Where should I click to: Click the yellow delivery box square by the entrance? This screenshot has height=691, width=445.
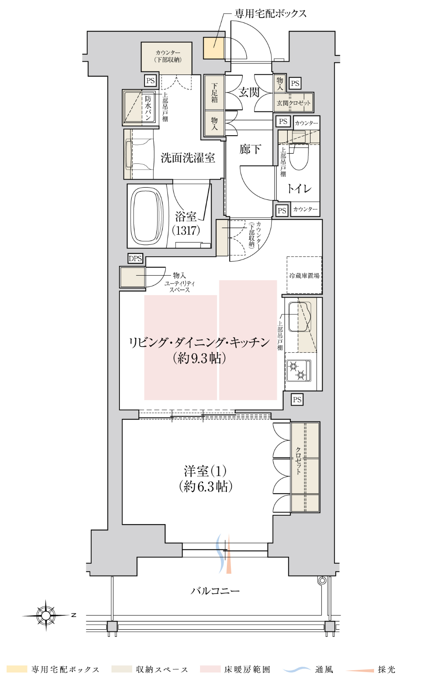213,48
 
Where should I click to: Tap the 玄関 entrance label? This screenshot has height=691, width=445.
249,92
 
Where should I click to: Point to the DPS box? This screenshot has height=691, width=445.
135,259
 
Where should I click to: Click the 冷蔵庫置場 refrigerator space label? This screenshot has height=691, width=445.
304,275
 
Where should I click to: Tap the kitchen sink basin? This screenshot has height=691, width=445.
299,317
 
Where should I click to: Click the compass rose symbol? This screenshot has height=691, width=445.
46,615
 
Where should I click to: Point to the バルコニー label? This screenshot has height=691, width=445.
215,591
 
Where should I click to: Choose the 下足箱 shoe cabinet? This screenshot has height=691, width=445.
214,92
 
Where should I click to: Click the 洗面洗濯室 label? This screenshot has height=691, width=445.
188,158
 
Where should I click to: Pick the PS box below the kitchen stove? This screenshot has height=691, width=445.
297,400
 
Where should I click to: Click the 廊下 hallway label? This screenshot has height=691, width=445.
250,149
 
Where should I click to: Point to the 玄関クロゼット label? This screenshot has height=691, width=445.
293,103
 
